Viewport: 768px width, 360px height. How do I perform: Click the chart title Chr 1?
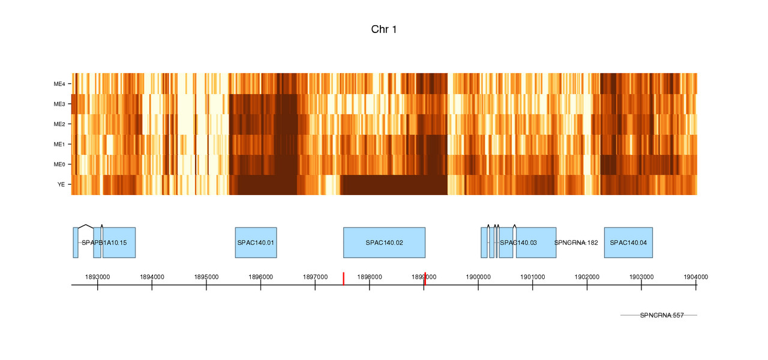click(x=384, y=29)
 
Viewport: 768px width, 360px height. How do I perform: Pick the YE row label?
click(x=61, y=184)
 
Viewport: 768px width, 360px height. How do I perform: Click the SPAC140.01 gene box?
click(x=256, y=242)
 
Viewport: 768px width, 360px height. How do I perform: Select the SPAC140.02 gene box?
click(x=384, y=242)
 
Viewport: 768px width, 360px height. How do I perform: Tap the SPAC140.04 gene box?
click(x=628, y=242)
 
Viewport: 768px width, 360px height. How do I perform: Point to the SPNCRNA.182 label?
click(x=576, y=242)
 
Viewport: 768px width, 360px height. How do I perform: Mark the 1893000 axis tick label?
click(x=97, y=277)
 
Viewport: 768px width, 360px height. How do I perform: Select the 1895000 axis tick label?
click(x=206, y=277)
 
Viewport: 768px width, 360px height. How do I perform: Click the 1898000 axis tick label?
click(x=370, y=277)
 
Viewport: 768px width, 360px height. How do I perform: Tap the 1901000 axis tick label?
click(x=532, y=277)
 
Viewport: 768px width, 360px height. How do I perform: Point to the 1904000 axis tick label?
click(x=695, y=277)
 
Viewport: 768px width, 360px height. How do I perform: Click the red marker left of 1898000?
click(x=343, y=278)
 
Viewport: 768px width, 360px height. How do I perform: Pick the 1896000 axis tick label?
click(x=260, y=277)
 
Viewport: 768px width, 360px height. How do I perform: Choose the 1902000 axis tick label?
click(x=587, y=277)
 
